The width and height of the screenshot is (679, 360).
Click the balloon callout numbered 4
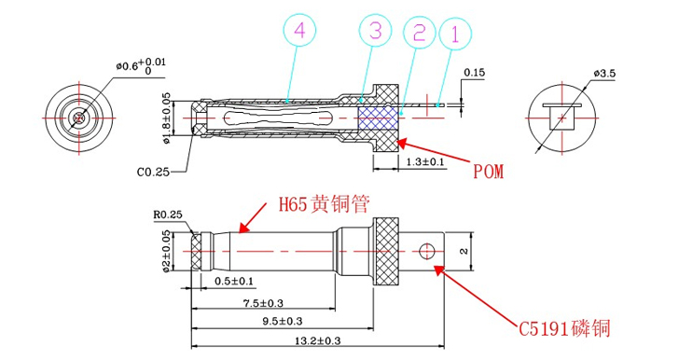pos(298,32)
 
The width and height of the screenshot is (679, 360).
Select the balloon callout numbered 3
pos(374,32)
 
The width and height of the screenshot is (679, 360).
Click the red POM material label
pos(488,173)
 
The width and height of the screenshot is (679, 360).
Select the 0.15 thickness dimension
pos(475,72)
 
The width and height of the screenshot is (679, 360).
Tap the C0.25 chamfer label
pos(152,172)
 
